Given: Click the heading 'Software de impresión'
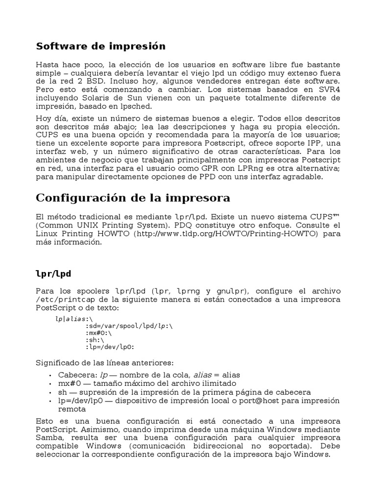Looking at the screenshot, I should [101, 47].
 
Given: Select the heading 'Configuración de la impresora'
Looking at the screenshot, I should [133, 198].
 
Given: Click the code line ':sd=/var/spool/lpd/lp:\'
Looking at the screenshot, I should [129, 325].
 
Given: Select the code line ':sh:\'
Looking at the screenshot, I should [95, 339].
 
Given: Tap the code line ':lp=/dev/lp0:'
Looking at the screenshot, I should [109, 346].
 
